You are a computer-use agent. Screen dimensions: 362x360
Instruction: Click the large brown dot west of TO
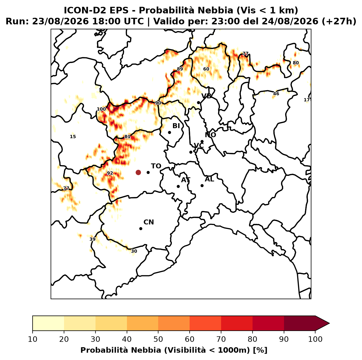pyautogui.click(x=138, y=172)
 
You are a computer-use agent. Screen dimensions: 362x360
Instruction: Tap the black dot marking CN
pyautogui.click(x=141, y=229)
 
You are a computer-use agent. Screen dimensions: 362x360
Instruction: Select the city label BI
pyautogui.click(x=176, y=126)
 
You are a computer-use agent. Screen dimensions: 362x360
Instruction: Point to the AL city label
pyautogui.click(x=210, y=179)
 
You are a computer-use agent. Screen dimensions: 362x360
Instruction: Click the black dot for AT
pyautogui.click(x=178, y=187)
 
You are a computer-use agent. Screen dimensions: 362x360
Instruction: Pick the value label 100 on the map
pyautogui.click(x=102, y=109)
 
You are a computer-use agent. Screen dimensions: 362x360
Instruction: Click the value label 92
pyautogui.click(x=110, y=173)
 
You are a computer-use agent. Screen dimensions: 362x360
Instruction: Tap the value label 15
pyautogui.click(x=73, y=137)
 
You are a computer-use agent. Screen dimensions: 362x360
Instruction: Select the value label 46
pyautogui.click(x=276, y=94)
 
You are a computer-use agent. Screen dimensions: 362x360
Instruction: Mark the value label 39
pyautogui.click(x=92, y=239)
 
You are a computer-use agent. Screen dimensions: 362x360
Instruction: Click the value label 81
pyautogui.click(x=127, y=137)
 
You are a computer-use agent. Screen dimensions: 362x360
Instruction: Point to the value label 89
pyautogui.click(x=180, y=69)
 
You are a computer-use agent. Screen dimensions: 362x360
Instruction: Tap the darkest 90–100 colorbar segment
pyautogui.click(x=300, y=323)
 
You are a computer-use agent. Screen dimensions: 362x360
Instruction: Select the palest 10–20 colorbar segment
pyautogui.click(x=48, y=323)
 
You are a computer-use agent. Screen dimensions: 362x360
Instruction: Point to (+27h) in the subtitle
pyautogui.click(x=339, y=21)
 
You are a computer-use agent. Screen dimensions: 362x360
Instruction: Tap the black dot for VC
pyautogui.click(x=191, y=152)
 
